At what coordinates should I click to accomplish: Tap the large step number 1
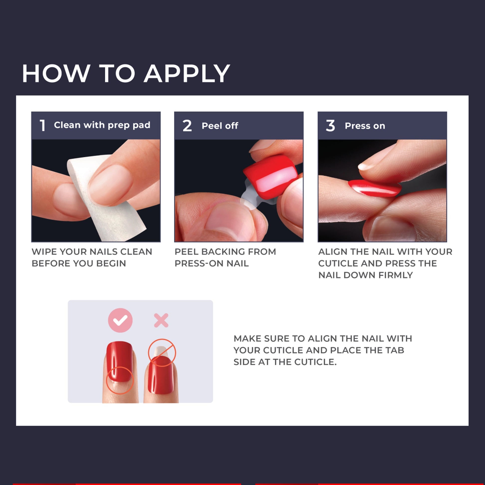(x=43, y=125)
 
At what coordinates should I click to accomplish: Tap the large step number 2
(x=187, y=126)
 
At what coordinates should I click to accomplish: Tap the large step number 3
(x=330, y=126)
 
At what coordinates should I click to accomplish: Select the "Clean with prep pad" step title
(x=102, y=125)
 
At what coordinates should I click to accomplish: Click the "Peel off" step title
(x=220, y=126)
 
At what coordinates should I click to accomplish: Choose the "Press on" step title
(x=365, y=126)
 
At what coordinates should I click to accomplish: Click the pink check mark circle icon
(x=120, y=320)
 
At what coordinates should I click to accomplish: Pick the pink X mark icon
(x=161, y=320)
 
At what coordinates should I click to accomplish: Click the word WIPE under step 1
(x=44, y=251)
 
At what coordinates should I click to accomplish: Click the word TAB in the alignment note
(x=394, y=350)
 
